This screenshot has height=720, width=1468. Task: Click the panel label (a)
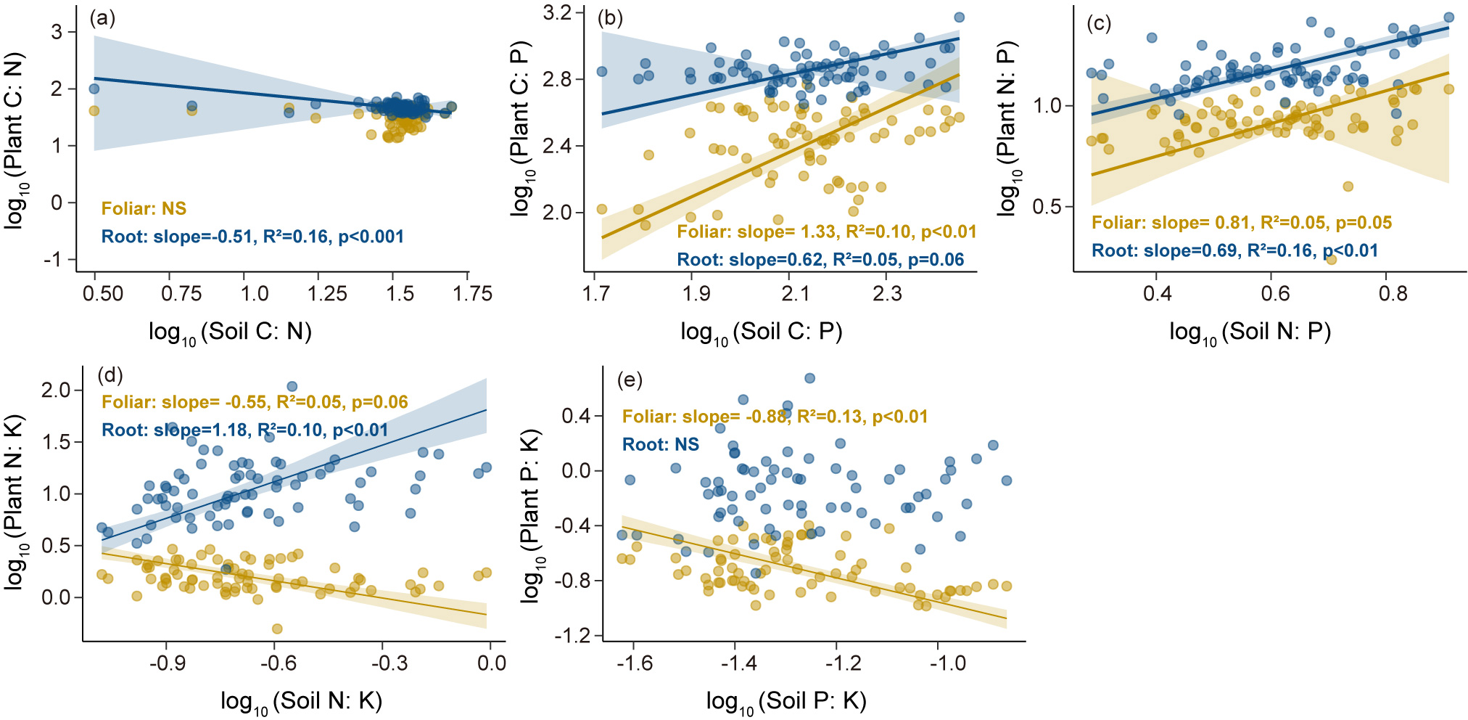coord(102,18)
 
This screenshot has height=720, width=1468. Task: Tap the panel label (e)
coord(629,380)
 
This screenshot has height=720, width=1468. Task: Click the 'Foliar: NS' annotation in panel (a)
coord(144,209)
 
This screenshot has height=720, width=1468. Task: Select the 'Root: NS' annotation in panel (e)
coord(660,444)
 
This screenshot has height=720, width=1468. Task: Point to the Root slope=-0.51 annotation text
coord(252,237)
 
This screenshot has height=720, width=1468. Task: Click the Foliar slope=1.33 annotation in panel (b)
coord(826,232)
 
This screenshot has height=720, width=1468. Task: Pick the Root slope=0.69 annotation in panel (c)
coord(1234,251)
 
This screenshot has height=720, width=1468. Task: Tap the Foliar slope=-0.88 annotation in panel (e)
coord(775,417)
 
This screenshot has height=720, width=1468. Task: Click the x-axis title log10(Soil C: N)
coord(230,332)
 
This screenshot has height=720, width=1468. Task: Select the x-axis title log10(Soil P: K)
coord(786,701)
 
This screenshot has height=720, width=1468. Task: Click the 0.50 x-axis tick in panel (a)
coord(103,294)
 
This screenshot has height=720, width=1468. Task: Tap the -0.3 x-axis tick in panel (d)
coord(389,663)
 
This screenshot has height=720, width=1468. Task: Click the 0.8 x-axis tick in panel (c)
coord(1392,294)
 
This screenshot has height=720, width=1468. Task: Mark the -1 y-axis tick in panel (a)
coord(53,260)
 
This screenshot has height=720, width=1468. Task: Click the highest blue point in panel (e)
coord(809,378)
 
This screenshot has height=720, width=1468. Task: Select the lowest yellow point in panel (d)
coord(276,629)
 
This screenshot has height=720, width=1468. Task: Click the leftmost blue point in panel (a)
coord(94,89)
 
